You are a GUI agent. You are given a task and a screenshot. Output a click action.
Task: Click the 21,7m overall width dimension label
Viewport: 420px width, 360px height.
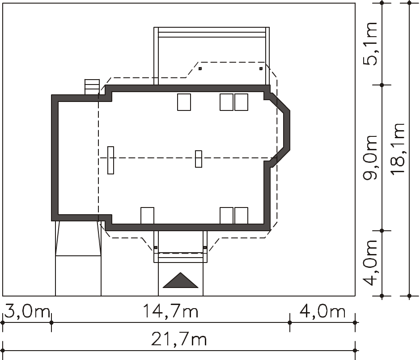pos(179,339)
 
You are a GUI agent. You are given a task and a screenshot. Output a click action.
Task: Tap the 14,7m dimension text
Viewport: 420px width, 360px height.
pos(170,311)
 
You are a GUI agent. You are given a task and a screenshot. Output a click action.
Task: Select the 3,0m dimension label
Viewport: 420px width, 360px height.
pos(27,311)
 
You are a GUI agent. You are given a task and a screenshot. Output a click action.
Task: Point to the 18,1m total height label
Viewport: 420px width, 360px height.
pos(397,149)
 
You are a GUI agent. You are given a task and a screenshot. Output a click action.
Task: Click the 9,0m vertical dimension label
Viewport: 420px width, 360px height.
pos(370,157)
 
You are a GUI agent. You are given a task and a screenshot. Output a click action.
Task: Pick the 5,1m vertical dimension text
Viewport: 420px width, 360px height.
pos(370,44)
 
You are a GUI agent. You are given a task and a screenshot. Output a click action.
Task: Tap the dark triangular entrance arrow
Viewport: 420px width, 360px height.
pos(181,280)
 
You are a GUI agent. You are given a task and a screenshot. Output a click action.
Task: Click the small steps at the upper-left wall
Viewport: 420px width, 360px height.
pos(92,87)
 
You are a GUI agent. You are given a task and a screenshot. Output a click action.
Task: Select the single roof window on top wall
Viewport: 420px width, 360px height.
pos(184,102)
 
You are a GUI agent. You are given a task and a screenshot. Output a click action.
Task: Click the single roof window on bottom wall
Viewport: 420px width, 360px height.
pos(147,216)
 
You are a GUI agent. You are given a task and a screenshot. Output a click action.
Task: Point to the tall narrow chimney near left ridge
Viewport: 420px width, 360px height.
pos(110,160)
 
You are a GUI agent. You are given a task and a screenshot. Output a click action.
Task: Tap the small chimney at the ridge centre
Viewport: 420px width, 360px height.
pos(199,159)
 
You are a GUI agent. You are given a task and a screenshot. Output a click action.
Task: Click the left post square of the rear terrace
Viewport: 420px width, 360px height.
pos(200,68)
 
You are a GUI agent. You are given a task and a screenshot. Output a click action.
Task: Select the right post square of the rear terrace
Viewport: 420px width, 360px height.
pos(261,68)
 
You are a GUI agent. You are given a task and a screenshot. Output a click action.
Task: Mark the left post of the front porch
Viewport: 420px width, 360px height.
pos(156,247)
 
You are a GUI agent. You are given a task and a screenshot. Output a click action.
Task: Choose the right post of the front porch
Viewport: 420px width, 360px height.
pos(205,247)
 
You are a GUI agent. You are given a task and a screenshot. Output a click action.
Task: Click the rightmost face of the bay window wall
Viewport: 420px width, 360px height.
pos(287,131)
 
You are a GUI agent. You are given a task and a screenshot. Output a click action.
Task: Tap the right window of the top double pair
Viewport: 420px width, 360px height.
pos(241,102)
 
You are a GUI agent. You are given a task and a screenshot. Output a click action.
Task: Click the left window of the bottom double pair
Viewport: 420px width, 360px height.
pos(226,216)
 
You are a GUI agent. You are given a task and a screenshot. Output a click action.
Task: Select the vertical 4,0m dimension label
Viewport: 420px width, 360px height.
pos(370,263)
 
